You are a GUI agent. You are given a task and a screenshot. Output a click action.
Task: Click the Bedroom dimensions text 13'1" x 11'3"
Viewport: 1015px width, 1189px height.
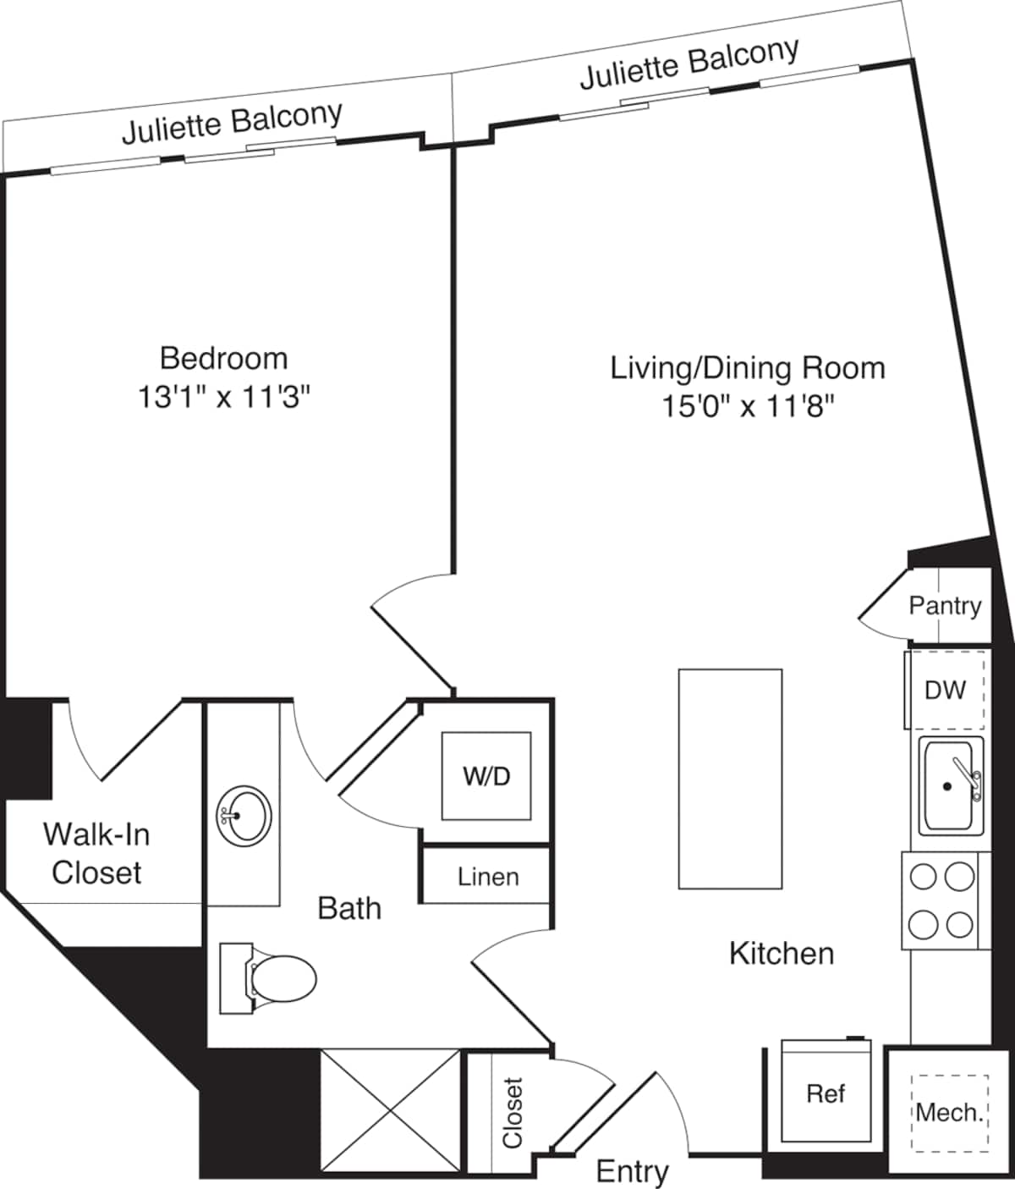(224, 397)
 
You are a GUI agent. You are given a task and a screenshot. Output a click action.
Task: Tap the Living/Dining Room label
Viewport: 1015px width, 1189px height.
(748, 368)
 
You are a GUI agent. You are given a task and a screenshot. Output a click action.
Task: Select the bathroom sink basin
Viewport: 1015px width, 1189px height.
(244, 815)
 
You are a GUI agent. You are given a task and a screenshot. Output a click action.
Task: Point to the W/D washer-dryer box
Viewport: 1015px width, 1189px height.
(486, 776)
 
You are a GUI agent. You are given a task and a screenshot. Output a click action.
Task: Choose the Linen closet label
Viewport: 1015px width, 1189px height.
(488, 877)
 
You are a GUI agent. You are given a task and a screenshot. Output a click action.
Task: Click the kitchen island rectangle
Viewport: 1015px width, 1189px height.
(730, 779)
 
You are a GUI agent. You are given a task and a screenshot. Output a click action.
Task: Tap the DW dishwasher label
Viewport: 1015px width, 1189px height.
(945, 691)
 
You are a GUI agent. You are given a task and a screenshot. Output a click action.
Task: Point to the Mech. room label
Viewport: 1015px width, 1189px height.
(950, 1112)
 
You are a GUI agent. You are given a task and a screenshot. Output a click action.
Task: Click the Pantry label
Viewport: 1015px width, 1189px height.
(945, 606)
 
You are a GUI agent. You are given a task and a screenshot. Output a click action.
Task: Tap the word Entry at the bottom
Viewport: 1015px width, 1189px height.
(633, 1171)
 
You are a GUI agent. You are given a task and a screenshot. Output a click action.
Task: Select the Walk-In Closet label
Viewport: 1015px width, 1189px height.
(96, 853)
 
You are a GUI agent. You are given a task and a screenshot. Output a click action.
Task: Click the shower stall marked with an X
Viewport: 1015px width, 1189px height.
(391, 1109)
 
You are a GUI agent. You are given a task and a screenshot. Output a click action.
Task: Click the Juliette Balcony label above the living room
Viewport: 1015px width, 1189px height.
(689, 63)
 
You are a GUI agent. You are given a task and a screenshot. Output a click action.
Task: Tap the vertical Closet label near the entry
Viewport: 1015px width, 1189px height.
(513, 1112)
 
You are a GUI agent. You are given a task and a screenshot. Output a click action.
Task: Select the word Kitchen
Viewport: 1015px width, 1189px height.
(782, 954)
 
